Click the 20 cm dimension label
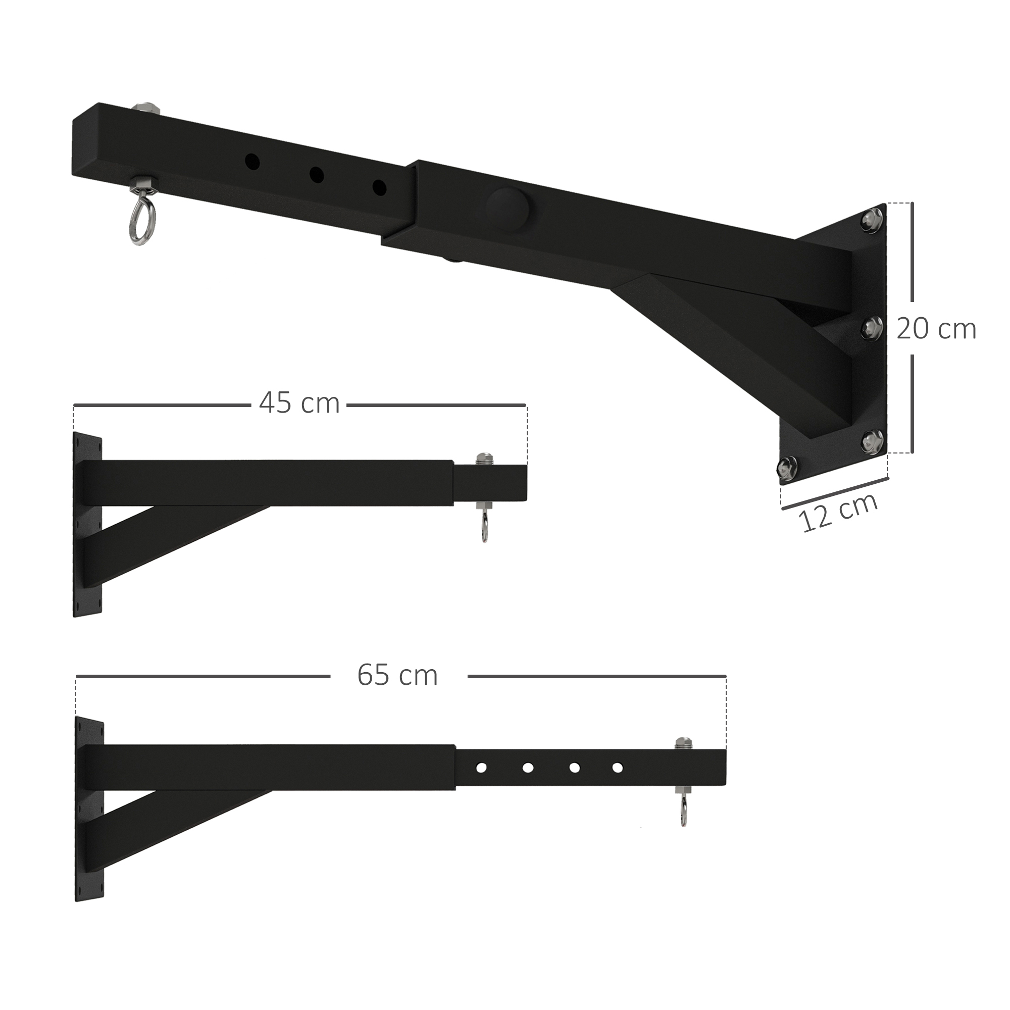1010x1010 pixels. pos(936,329)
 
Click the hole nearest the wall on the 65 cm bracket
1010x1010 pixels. pos(481,768)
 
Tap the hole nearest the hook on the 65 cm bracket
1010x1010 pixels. pos(618,768)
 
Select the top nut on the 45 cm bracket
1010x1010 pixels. pos(483,459)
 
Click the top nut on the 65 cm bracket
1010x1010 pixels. pos(682,743)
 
